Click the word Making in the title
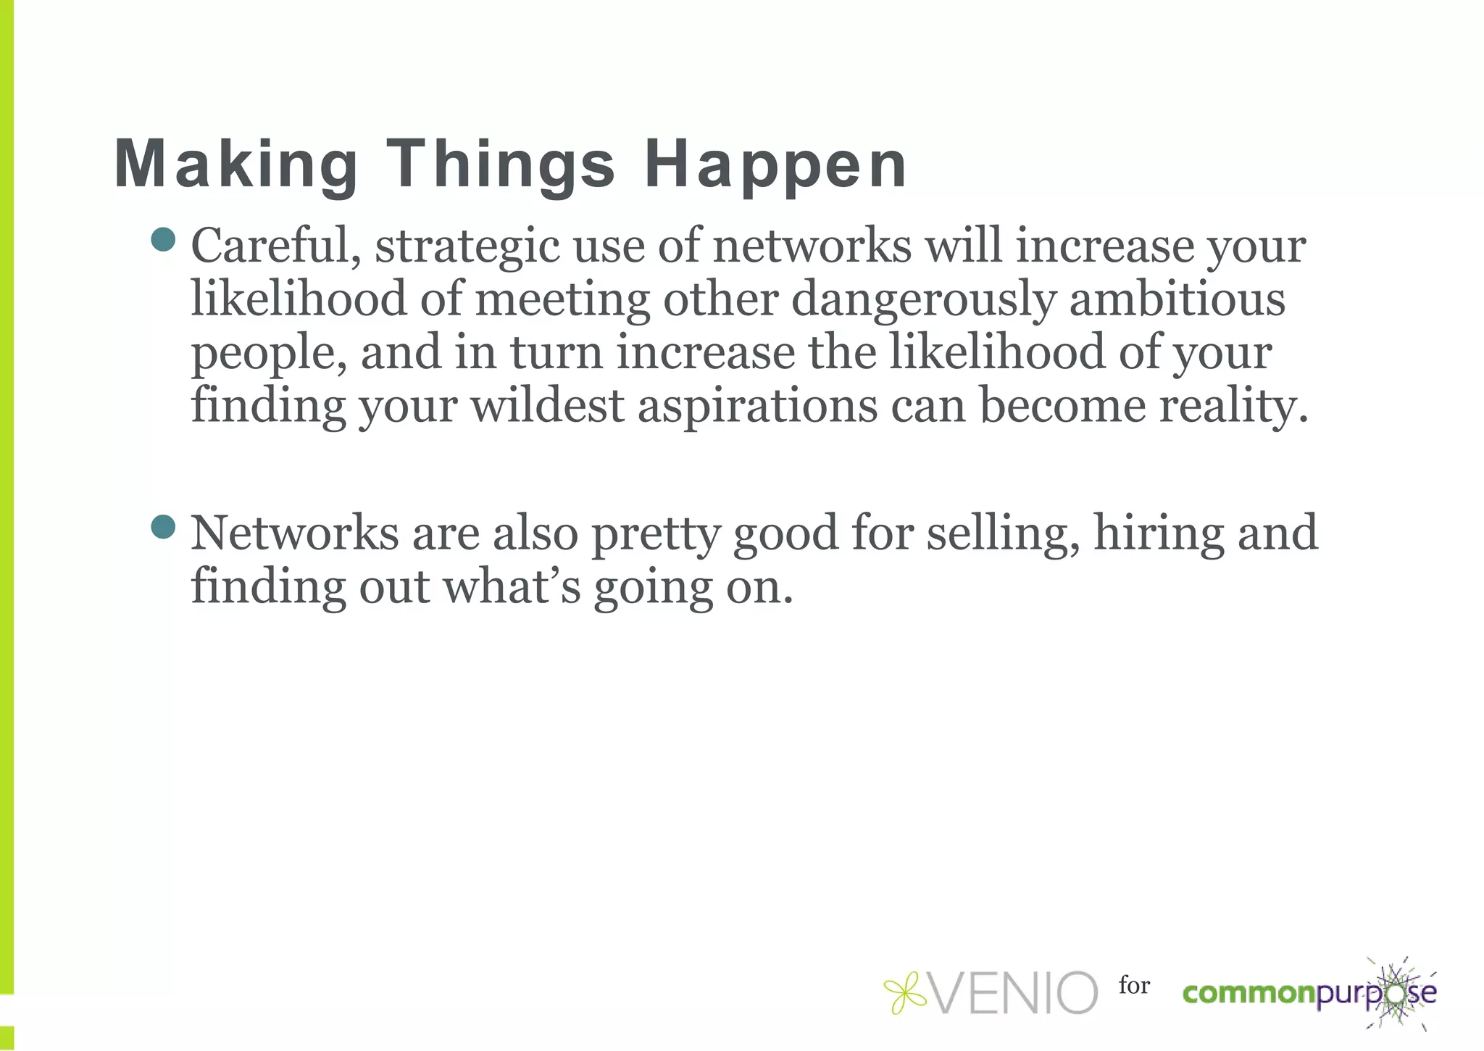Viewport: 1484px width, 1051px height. coord(236,165)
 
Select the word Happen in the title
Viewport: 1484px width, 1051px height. coord(775,165)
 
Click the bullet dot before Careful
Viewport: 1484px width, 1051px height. coord(164,240)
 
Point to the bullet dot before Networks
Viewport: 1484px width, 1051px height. coord(164,527)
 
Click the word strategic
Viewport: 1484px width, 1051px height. coord(467,247)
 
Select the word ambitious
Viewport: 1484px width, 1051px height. coord(1177,299)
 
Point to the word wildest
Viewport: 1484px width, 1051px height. coord(548,405)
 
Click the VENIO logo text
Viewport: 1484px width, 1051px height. coord(1014,992)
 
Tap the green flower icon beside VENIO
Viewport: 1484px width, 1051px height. coord(905,992)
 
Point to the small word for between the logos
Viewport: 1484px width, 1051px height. coord(1134,985)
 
